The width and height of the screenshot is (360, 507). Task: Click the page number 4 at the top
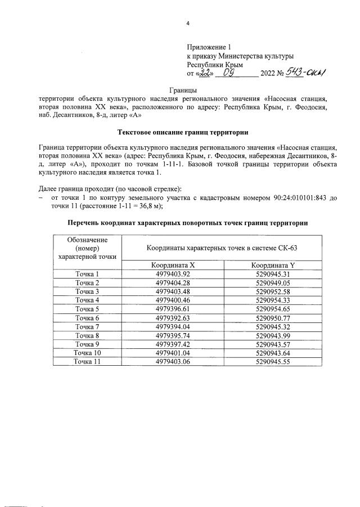(x=188, y=23)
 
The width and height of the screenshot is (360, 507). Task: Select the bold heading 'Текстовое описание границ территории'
(x=183, y=133)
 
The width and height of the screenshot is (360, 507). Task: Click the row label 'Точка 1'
(x=87, y=274)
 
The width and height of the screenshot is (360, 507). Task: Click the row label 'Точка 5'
(x=87, y=309)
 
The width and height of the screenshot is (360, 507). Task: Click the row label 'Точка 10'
(x=87, y=353)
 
